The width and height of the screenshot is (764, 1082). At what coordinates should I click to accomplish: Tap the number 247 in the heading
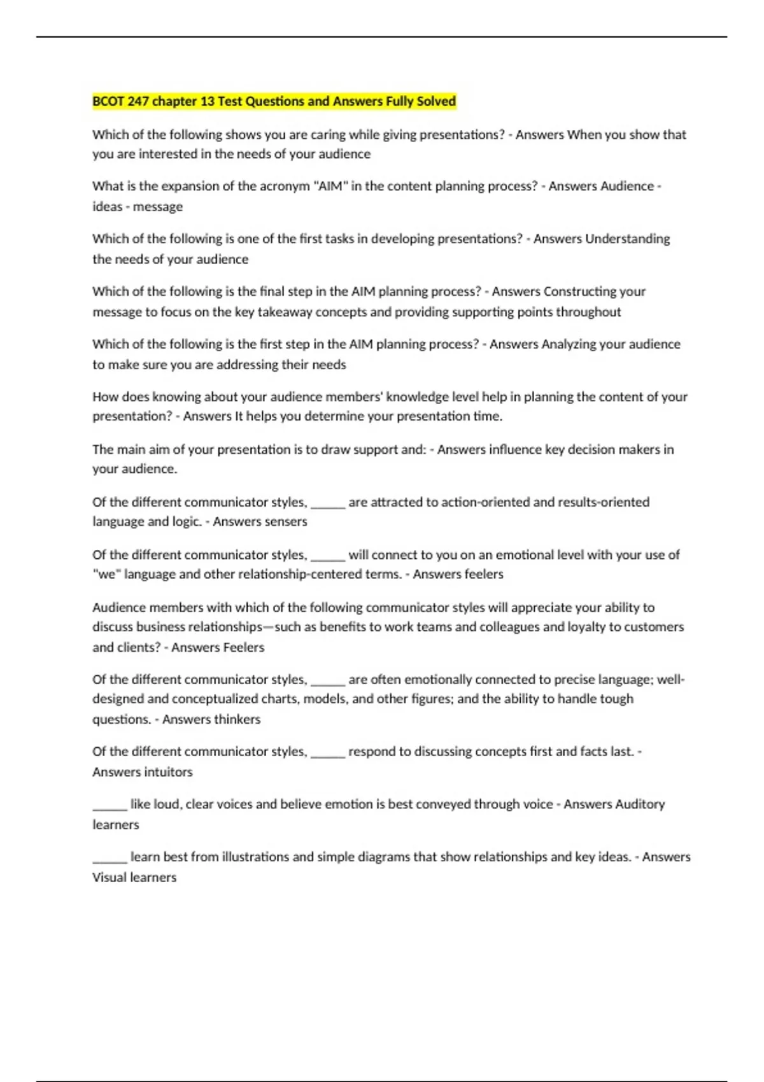138,101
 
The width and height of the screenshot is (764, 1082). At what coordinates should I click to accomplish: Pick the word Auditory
640,804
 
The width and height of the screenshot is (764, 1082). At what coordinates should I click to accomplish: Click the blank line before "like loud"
110,808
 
